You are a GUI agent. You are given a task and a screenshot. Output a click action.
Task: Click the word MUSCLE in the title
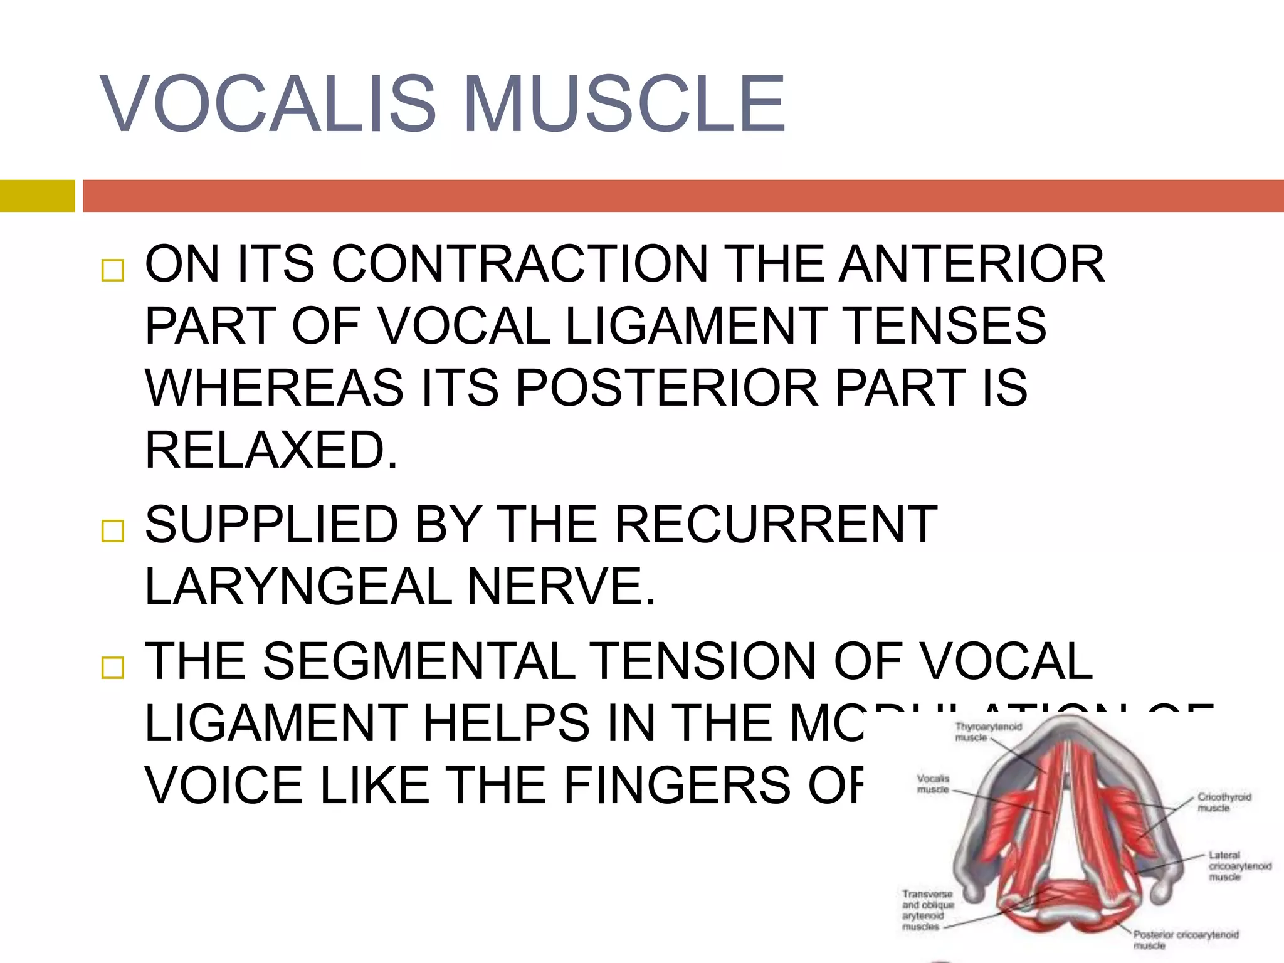coord(624,103)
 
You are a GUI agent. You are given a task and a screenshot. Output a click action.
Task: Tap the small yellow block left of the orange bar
coord(37,196)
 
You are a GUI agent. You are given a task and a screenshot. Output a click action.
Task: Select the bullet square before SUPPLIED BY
coord(113,531)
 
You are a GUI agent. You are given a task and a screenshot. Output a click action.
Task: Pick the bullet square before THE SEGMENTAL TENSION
coord(113,668)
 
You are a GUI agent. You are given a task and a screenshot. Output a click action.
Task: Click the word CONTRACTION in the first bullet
coord(519,263)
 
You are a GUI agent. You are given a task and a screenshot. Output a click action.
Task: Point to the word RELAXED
coord(271,450)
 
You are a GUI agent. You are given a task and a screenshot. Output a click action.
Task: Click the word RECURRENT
coord(775,524)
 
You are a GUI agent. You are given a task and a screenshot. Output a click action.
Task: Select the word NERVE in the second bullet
coord(561,586)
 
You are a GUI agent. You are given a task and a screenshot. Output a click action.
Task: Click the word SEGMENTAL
coord(419,661)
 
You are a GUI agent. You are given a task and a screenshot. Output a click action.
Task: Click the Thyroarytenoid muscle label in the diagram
coord(987,732)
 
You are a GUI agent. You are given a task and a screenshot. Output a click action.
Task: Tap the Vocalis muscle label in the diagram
coord(933,784)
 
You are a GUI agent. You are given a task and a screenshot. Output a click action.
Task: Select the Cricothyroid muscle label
coord(1223,802)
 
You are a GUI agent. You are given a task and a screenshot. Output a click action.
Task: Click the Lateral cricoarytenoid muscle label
coord(1238,866)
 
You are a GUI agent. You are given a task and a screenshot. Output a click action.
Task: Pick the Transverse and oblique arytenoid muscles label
coord(927,910)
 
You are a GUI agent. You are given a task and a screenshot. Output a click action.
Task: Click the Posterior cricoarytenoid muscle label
coord(1184,939)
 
